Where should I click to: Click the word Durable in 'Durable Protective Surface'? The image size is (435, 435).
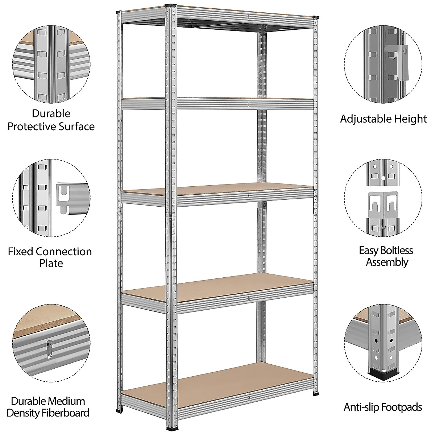coord(51,113)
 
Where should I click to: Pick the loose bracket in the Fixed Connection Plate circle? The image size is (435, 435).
coord(67,198)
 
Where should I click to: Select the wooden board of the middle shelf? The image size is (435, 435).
coord(217,189)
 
